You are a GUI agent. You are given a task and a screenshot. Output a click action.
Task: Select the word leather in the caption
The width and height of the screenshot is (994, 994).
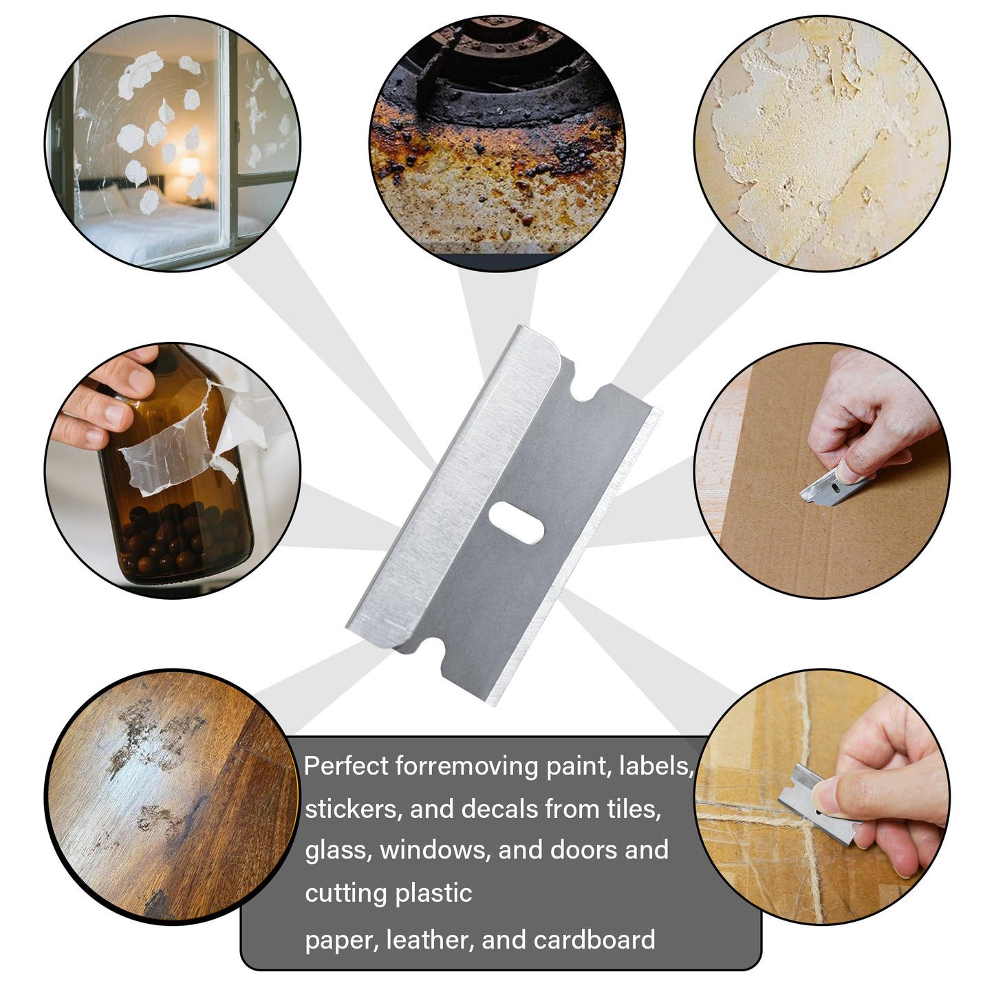pos(430,940)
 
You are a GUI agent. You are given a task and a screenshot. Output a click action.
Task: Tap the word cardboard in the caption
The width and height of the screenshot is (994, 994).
pos(594,940)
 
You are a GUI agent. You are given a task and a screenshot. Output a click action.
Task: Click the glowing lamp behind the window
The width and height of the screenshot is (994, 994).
pos(190,168)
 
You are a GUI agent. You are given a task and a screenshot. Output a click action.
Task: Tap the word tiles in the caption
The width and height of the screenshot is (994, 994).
pos(636,809)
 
